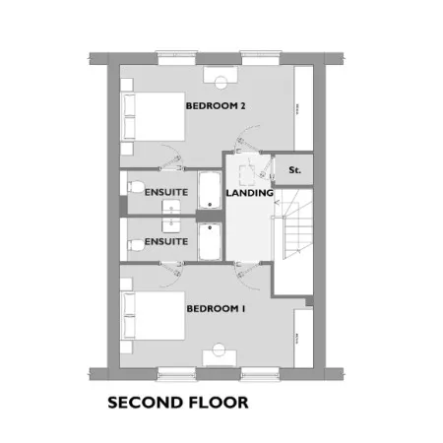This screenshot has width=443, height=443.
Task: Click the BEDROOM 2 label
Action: [216, 106]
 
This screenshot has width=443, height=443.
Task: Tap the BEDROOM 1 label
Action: [216, 309]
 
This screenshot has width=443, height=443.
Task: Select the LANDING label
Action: [249, 193]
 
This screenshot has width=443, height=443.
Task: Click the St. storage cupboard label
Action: [294, 170]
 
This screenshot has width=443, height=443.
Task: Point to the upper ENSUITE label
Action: [166, 192]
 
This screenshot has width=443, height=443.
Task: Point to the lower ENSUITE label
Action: [166, 242]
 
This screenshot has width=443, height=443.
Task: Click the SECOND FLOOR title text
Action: [178, 403]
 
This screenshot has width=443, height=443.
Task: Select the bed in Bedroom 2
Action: [153, 116]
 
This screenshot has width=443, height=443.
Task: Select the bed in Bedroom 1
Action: [153, 316]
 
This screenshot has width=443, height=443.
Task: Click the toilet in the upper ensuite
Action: [136, 187]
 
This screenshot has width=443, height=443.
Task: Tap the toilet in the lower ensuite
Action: [136, 246]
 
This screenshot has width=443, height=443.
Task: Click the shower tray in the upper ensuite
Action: [210, 190]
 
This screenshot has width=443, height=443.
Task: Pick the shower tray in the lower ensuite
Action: [210, 242]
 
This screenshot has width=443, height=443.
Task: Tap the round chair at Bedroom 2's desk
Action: [221, 83]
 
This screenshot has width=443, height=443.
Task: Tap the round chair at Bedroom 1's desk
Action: [219, 349]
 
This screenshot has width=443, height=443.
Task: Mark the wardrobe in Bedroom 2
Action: [303, 108]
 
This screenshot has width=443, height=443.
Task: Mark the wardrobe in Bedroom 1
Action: [303, 339]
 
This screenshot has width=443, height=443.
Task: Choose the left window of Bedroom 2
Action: [177, 58]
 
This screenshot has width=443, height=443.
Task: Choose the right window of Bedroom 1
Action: [261, 374]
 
